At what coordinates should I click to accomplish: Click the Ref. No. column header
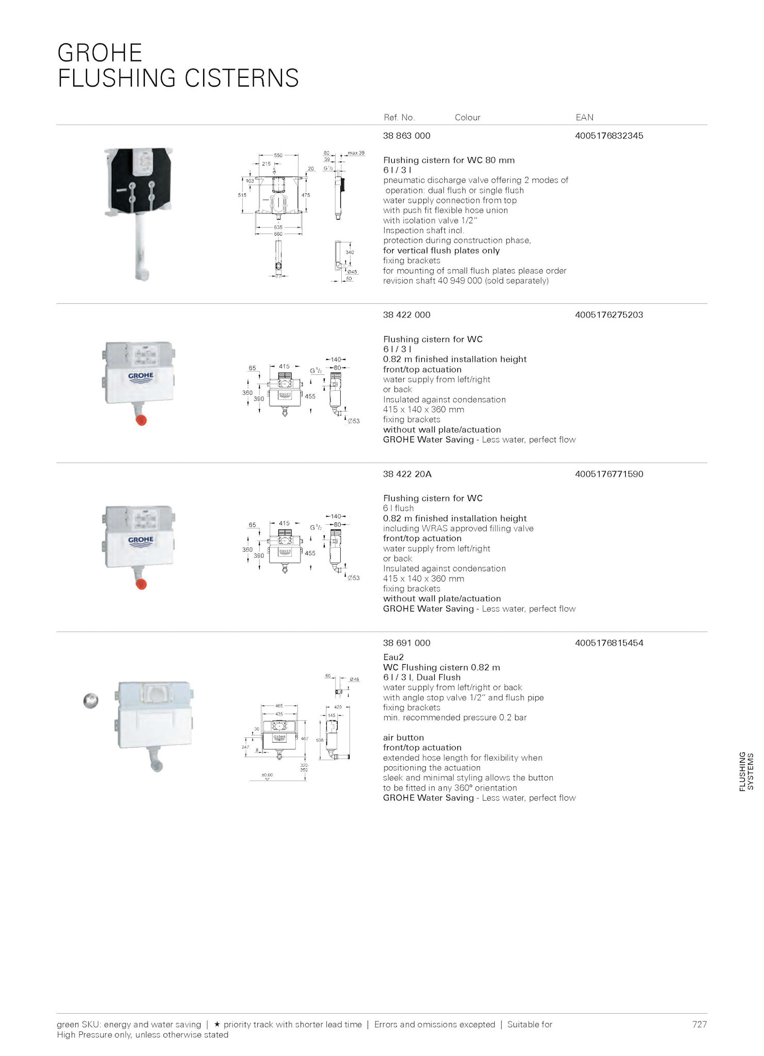click(x=399, y=118)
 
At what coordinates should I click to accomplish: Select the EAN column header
click(x=584, y=118)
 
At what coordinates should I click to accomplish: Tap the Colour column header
click(x=467, y=118)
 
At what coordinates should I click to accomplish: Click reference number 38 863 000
click(x=406, y=136)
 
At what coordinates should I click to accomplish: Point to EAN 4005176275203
click(x=609, y=315)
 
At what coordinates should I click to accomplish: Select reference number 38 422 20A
click(x=407, y=474)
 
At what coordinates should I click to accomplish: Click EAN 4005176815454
click(x=609, y=643)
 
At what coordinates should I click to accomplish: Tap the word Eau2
click(x=393, y=657)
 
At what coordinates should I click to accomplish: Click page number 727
click(x=699, y=1025)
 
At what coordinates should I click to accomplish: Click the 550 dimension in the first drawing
click(x=278, y=155)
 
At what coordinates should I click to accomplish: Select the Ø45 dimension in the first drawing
click(x=352, y=272)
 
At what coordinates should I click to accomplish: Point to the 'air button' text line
click(x=403, y=738)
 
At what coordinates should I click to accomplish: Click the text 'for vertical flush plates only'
click(x=441, y=251)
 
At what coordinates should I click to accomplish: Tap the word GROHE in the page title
click(x=99, y=53)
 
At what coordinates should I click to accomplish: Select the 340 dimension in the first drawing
click(x=350, y=253)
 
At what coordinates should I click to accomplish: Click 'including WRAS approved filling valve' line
click(x=458, y=529)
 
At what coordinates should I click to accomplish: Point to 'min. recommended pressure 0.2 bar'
click(x=455, y=718)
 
